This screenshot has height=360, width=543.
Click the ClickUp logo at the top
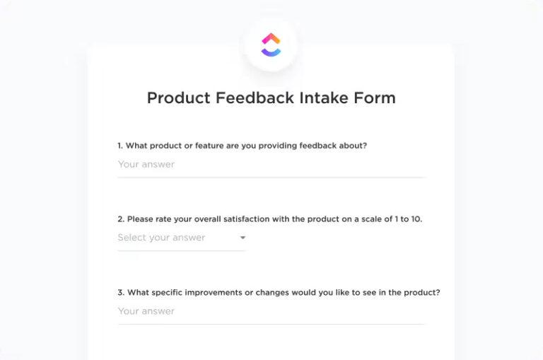pyautogui.click(x=271, y=45)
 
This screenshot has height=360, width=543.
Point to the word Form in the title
pyautogui.click(x=378, y=98)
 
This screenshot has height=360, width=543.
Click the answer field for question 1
pyautogui.click(x=271, y=165)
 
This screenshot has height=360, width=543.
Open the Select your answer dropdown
pyautogui.click(x=181, y=238)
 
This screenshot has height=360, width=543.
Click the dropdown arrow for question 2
pyautogui.click(x=243, y=238)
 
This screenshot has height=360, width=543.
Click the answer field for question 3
pyautogui.click(x=271, y=311)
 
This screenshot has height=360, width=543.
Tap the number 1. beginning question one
pyautogui.click(x=121, y=146)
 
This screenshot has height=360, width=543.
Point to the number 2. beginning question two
pyautogui.click(x=121, y=219)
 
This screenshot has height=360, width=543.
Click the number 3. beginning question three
pyautogui.click(x=121, y=293)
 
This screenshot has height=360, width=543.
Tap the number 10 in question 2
pyautogui.click(x=416, y=219)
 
